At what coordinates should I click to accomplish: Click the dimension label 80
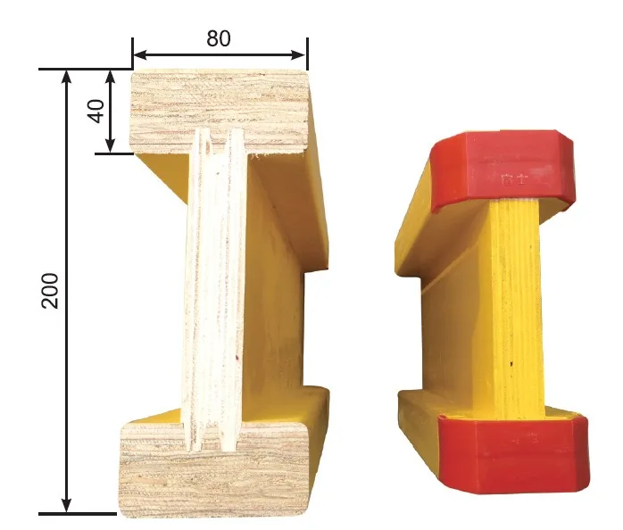219,39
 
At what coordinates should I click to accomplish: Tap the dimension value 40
96,111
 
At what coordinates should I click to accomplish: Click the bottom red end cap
513,454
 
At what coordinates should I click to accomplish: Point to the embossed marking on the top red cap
511,178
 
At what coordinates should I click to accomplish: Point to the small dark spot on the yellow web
511,364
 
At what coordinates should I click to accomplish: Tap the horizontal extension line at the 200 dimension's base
89,514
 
